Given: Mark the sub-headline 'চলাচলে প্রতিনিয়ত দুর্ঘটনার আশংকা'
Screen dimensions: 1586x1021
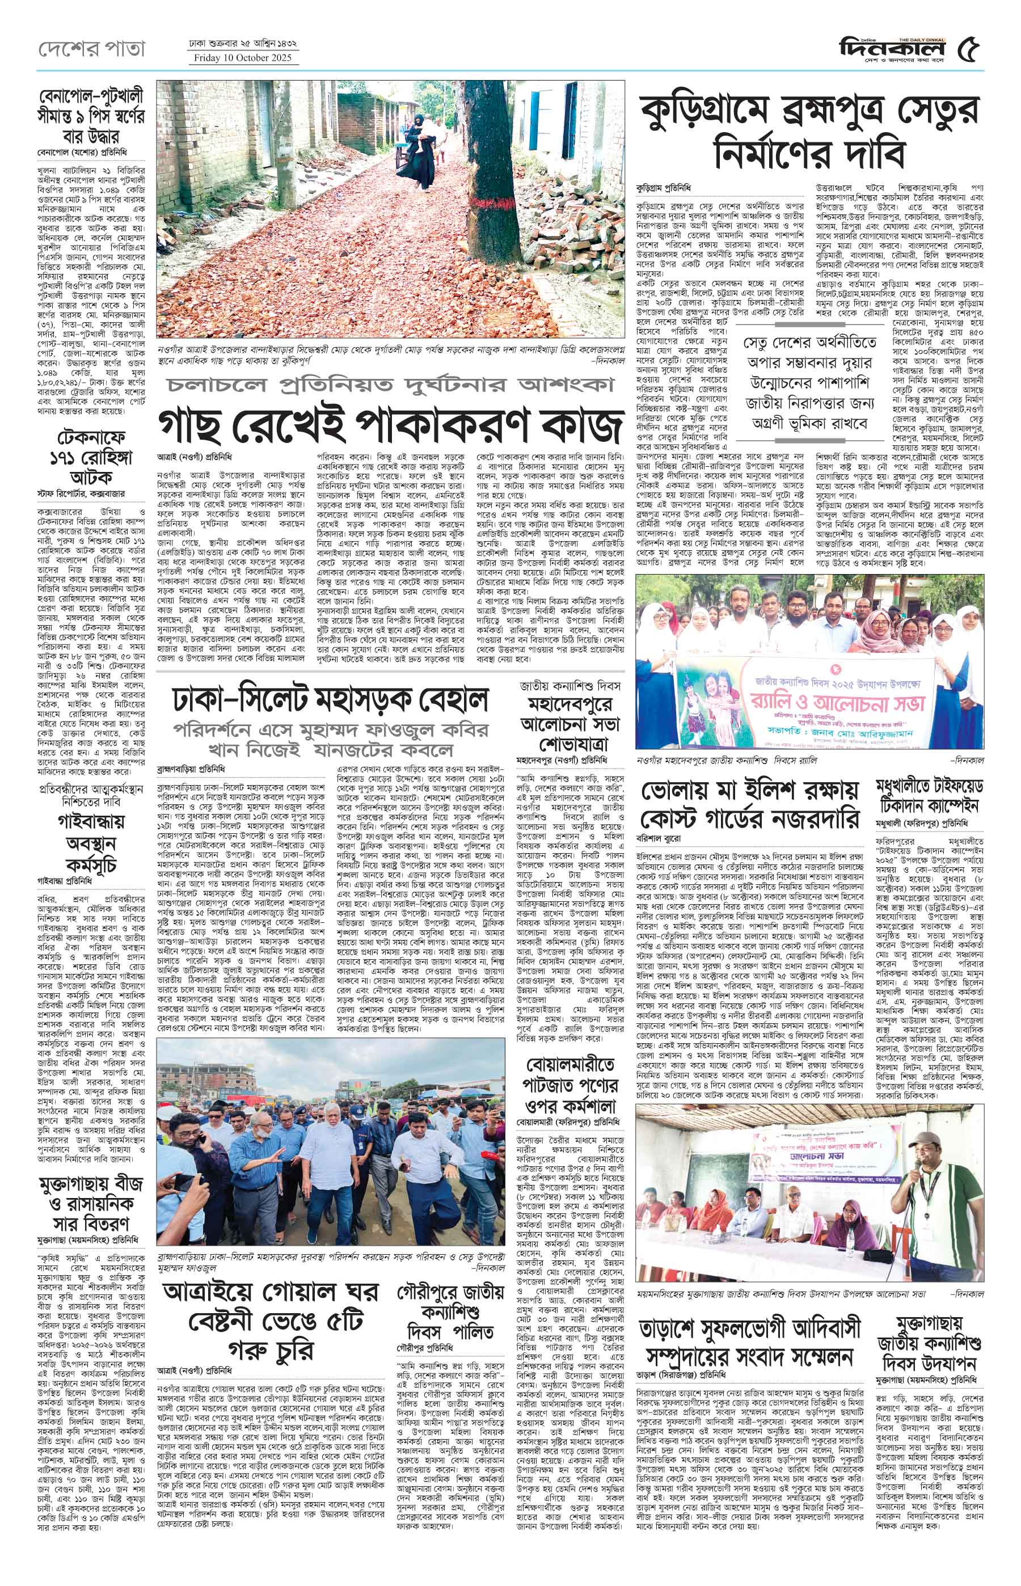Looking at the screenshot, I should (390, 384).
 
